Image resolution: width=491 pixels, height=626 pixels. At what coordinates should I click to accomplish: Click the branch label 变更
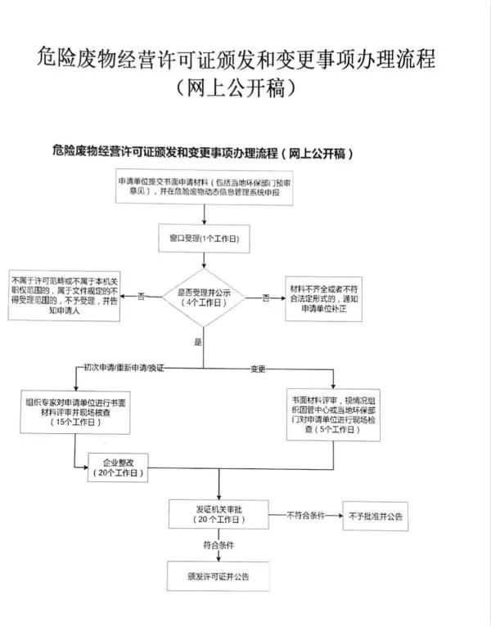coord(260,369)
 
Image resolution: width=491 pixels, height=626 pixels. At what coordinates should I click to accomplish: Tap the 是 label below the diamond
coord(197,341)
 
